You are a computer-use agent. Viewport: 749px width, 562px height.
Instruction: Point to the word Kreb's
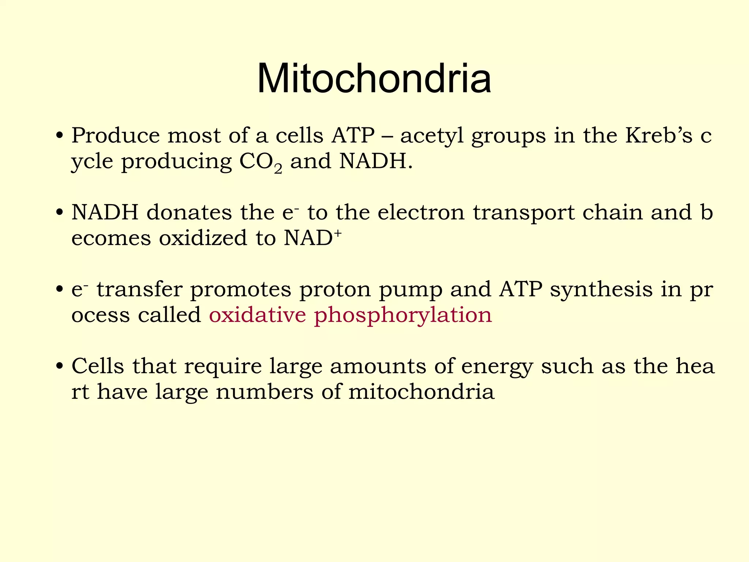659,135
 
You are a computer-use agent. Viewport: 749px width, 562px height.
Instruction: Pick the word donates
189,213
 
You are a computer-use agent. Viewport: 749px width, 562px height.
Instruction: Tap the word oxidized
203,238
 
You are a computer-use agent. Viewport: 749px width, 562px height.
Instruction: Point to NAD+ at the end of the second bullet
313,238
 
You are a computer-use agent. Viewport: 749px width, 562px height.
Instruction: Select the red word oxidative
257,315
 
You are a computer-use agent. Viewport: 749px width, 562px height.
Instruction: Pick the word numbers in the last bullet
264,392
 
